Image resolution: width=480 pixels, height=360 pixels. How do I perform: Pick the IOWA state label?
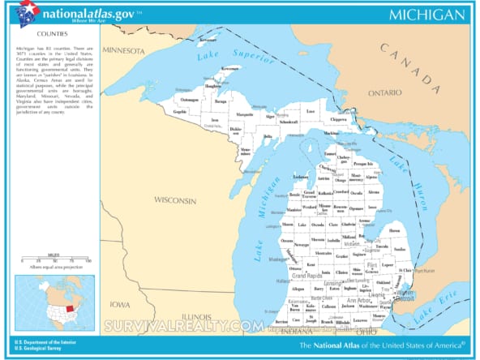pos(119,304)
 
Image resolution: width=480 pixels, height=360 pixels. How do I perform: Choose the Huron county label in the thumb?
pos(395,230)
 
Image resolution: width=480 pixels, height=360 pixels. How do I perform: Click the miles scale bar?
pos(54,260)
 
